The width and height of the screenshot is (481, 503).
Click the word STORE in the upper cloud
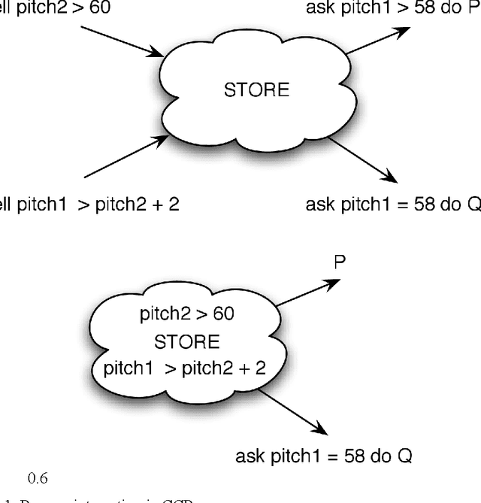coord(256,90)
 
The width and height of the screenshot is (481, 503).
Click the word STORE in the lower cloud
coord(186,342)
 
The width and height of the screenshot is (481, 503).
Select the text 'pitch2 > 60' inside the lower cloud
coord(186,314)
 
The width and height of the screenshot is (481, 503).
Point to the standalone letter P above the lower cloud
coord(340,262)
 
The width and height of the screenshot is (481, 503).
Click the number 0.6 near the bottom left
coord(38,477)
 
